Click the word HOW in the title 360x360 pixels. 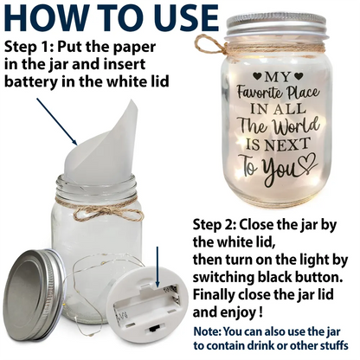click(45, 16)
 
